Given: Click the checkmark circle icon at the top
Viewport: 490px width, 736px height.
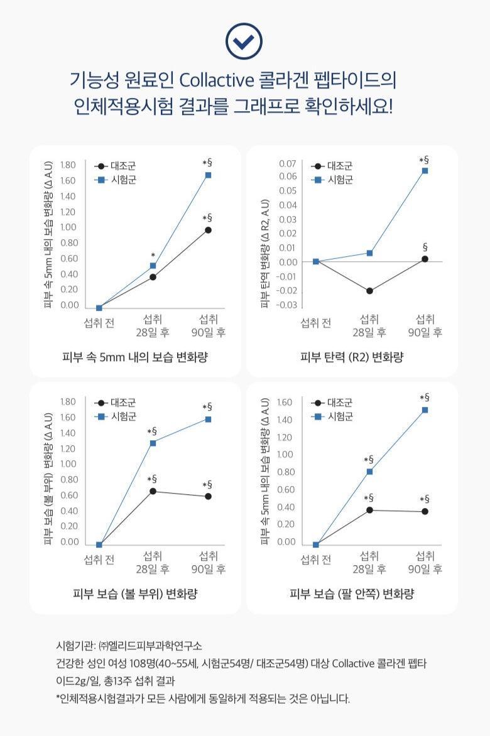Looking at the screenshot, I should point(244,42).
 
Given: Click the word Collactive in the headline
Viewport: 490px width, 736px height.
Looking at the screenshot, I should point(216,81).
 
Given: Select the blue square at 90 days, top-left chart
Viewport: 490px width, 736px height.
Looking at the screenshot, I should point(208,175).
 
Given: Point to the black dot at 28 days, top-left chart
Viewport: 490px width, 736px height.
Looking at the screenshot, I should point(153,277).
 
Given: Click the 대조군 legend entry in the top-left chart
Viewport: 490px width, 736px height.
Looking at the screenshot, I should point(123,166).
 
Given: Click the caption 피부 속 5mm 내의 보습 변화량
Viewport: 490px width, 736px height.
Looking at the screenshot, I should point(135,357).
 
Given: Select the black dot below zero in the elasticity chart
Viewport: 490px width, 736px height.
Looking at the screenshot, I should point(369,291).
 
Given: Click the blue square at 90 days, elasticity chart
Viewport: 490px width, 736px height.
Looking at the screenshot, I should point(425,171).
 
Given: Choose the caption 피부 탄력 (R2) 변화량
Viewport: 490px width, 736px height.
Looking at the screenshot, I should point(352,357).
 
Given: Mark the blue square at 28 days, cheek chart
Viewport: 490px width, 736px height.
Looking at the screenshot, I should point(153,443).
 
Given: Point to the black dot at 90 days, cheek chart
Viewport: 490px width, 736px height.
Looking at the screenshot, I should point(208,497).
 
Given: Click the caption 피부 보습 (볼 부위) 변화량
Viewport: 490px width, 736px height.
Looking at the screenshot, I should point(135,594).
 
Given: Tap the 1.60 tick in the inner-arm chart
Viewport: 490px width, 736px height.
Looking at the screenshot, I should point(285,402).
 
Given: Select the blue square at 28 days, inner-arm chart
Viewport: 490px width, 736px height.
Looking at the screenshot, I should point(369,472).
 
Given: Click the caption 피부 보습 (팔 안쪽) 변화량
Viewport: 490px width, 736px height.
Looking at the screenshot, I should point(352,594).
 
